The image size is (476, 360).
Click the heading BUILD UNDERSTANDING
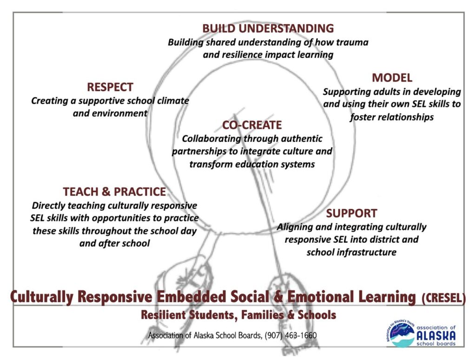(x=268, y=28)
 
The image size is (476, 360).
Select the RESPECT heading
(x=110, y=87)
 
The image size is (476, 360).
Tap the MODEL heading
(x=392, y=78)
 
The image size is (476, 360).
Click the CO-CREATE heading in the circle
(x=252, y=125)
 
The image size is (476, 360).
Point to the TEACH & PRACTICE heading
(x=114, y=192)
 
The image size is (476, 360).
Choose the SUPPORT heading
(x=351, y=213)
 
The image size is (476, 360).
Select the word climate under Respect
(x=173, y=100)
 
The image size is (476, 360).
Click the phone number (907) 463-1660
(x=291, y=335)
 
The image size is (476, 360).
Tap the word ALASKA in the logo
(x=436, y=336)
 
